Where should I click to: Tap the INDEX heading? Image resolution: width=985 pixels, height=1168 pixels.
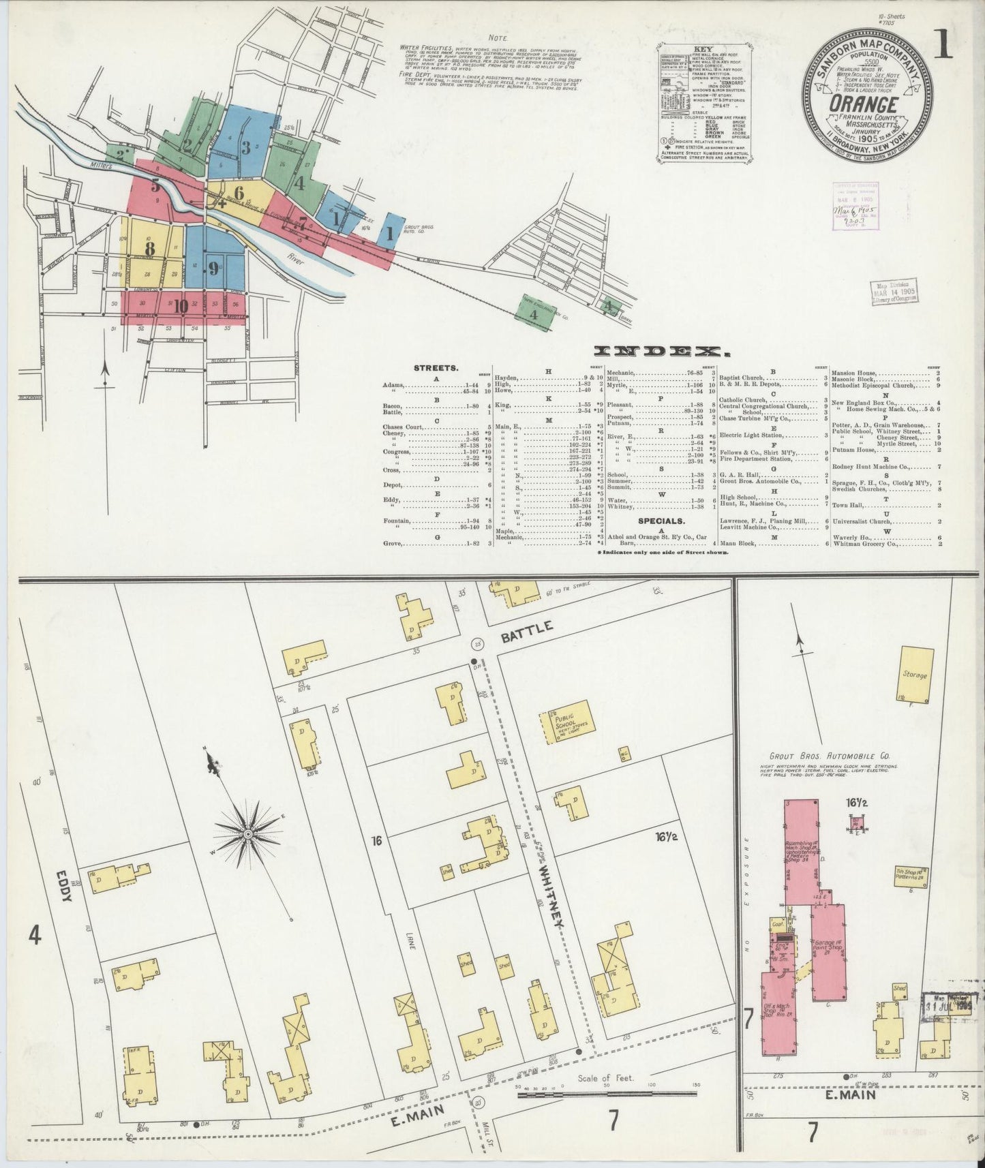pos(658,351)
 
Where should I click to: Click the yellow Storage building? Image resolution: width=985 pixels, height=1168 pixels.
pos(914,674)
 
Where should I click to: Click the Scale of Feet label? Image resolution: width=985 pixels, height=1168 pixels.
pos(604,1079)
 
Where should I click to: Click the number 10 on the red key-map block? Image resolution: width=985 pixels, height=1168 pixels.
pos(180,306)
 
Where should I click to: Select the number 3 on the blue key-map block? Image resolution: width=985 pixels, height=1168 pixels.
pos(245,146)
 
